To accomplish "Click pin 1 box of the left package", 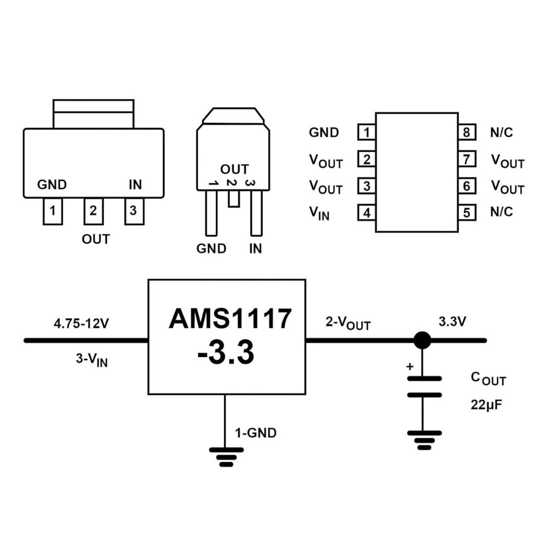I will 53,211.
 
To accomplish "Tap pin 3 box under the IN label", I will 133,211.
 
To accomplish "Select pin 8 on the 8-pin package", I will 466,132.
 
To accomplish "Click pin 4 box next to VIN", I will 367,212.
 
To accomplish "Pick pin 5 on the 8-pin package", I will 466,212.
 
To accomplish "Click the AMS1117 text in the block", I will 230,319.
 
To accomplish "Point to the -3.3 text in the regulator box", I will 226,353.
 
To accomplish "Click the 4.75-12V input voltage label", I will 81,323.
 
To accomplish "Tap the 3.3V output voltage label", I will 452,321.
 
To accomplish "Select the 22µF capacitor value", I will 486,405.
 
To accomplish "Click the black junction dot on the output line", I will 422,340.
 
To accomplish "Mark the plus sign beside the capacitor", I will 409,367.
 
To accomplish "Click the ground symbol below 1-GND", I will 226,456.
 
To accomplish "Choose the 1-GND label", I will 256,433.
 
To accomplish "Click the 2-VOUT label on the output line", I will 348,322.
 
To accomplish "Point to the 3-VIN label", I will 91,360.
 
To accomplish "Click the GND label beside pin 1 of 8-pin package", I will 324,132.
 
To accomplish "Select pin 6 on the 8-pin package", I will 466,186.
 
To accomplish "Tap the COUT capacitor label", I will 488,378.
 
